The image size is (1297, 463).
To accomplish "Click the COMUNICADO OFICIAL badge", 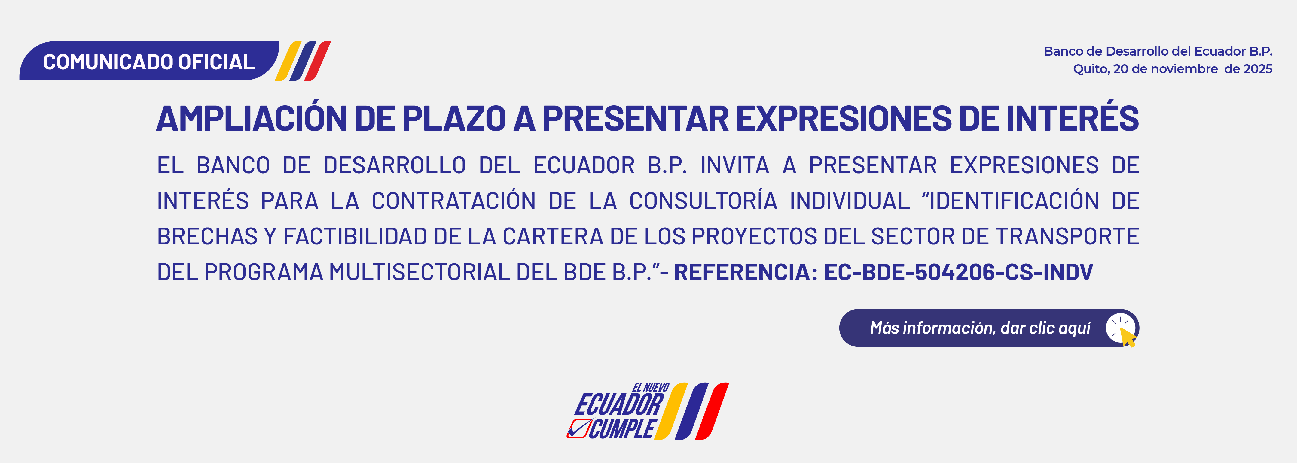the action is coord(149,61).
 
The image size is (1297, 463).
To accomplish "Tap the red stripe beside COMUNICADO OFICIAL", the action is coord(318,61).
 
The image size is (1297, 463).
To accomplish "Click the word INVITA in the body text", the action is coord(735,165).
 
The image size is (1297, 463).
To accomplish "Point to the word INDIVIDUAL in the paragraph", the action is coord(850,201).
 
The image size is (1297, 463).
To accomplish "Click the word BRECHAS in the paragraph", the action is coord(207,237).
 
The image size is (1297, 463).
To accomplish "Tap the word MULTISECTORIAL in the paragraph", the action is coord(420,272).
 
